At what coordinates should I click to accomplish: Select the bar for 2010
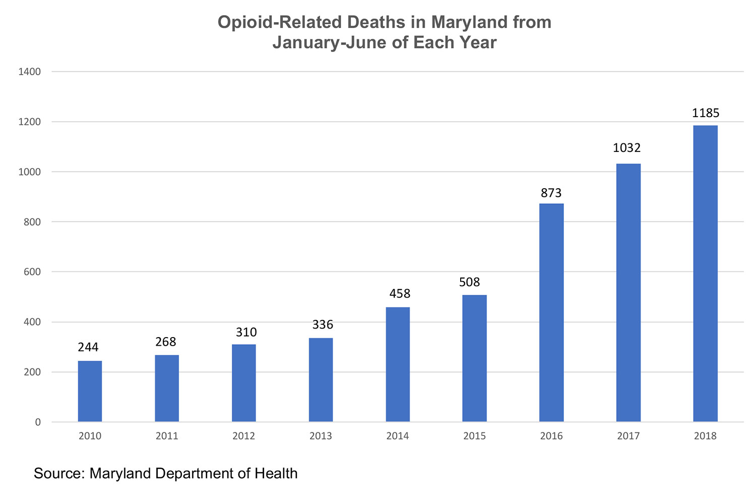(x=90, y=391)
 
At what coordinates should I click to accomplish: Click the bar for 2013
(x=321, y=379)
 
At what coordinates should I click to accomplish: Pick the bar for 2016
(x=551, y=312)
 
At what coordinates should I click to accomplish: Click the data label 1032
(x=626, y=148)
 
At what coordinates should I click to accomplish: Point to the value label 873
(x=551, y=193)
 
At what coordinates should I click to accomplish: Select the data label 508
(x=469, y=282)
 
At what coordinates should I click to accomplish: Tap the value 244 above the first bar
(x=88, y=347)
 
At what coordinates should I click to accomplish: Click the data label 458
(x=400, y=294)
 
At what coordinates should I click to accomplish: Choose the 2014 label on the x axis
(x=398, y=436)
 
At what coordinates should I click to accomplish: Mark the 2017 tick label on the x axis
(x=628, y=436)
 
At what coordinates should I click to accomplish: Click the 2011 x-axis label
(x=167, y=436)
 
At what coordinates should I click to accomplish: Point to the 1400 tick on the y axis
(x=29, y=72)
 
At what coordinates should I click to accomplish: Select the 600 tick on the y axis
(x=32, y=272)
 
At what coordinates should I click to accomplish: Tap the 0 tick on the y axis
(x=38, y=422)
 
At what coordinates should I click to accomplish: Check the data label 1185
(x=706, y=113)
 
